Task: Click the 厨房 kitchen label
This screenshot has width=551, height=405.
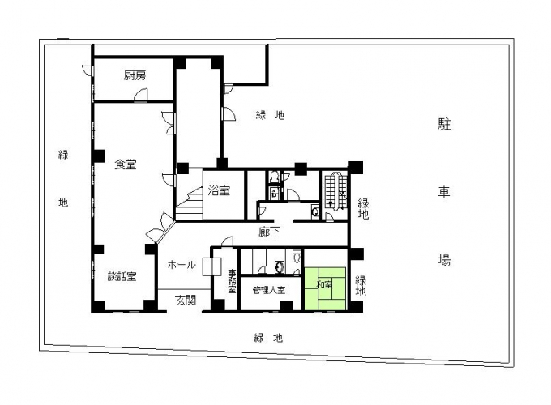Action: click(x=135, y=75)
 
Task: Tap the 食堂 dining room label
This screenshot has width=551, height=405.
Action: click(x=126, y=164)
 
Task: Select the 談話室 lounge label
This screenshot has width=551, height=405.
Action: click(x=122, y=276)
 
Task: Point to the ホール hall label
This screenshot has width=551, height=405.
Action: click(x=181, y=265)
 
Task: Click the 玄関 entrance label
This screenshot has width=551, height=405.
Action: click(x=186, y=300)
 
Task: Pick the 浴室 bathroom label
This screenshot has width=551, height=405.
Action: click(x=219, y=191)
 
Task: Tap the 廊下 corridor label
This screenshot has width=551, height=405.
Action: click(x=270, y=232)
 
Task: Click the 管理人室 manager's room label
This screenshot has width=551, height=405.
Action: click(x=268, y=289)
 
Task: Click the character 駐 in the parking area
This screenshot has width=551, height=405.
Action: click(x=444, y=125)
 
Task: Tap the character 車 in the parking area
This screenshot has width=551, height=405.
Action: click(x=444, y=192)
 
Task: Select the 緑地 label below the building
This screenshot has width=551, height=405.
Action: click(x=269, y=337)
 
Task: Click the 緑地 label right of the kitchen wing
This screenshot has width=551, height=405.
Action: click(x=270, y=115)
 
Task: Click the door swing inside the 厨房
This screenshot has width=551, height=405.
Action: click(x=141, y=96)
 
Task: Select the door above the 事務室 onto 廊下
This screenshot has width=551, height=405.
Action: click(x=218, y=253)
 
